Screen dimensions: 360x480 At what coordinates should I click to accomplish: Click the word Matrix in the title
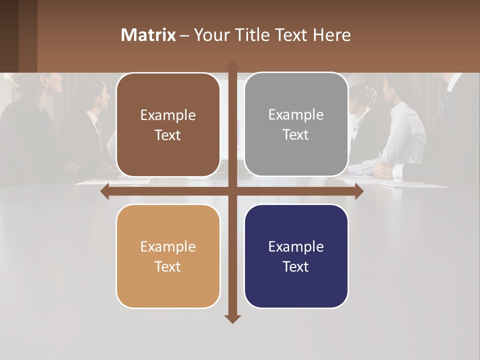coord(148,35)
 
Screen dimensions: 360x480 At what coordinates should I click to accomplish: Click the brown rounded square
coord(168,125)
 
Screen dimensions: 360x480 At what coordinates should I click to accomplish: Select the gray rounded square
coord(296,124)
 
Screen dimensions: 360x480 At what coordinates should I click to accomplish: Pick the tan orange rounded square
coord(168,256)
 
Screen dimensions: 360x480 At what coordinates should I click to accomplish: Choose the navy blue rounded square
coord(296,256)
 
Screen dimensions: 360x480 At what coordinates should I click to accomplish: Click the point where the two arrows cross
coord(232,191)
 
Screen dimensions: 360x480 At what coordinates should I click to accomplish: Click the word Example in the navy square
coord(296,246)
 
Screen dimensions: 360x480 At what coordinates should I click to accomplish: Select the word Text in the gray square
coord(296,135)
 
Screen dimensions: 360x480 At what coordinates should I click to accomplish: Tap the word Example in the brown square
coord(168,115)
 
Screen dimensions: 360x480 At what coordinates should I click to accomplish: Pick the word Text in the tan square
coord(168,266)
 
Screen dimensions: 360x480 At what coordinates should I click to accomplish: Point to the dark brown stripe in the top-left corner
coord(9,35)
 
